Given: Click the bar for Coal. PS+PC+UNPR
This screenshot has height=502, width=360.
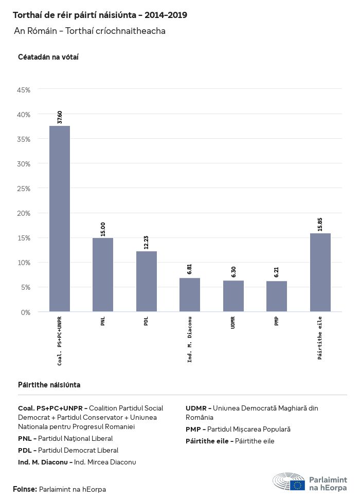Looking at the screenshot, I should [x=60, y=219].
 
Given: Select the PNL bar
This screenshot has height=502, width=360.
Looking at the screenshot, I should [x=103, y=275].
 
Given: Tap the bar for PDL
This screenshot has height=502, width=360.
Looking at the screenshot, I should [x=147, y=282].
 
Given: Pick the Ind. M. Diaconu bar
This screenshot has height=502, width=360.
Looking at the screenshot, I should [x=190, y=295].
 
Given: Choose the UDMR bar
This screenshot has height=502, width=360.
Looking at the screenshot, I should [x=233, y=296].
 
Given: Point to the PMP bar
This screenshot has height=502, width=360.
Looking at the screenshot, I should [x=277, y=296].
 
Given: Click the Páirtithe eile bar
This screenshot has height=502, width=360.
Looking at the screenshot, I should [x=320, y=272].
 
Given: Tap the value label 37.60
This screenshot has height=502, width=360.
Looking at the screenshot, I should [x=60, y=117].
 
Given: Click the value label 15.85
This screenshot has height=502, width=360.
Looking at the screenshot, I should [x=320, y=225].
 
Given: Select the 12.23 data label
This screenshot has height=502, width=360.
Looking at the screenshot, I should [x=147, y=243].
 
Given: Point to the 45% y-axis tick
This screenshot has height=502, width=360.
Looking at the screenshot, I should [x=24, y=90].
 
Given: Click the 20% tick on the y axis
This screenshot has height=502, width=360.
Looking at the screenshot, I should [x=24, y=213].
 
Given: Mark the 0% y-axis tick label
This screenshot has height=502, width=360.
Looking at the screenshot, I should [x=26, y=312].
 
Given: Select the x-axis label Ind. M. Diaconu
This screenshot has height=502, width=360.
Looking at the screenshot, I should [x=190, y=339].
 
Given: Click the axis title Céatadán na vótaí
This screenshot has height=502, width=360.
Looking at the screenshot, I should [x=48, y=57].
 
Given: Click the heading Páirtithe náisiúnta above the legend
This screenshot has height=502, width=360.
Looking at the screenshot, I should [x=49, y=385].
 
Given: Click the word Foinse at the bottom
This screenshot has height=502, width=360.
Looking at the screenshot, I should [x=25, y=489].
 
